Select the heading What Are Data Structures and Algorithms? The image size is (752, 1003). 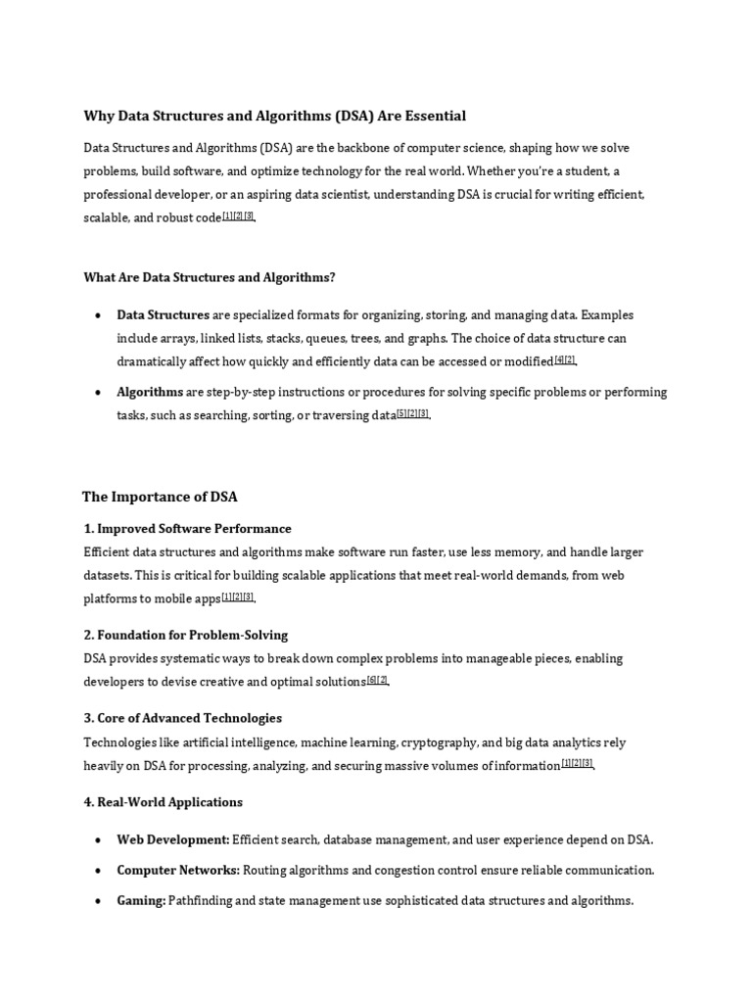pyautogui.click(x=210, y=277)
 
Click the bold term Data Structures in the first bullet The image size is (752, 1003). pyautogui.click(x=163, y=315)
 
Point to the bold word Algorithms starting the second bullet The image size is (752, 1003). pyautogui.click(x=150, y=392)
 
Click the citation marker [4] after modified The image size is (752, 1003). pyautogui.click(x=559, y=359)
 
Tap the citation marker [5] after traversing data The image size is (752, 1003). pyautogui.click(x=401, y=413)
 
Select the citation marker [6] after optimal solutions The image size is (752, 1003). pyautogui.click(x=371, y=680)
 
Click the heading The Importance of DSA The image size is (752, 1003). pyautogui.click(x=160, y=497)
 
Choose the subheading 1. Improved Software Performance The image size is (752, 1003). pyautogui.click(x=188, y=529)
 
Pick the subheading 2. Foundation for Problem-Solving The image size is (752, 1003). pyautogui.click(x=186, y=635)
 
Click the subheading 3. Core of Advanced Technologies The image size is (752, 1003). pyautogui.click(x=183, y=718)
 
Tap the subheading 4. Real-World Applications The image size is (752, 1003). pyautogui.click(x=164, y=802)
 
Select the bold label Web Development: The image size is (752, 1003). pyautogui.click(x=173, y=839)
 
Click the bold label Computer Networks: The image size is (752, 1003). pyautogui.click(x=178, y=870)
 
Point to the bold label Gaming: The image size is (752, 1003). pyautogui.click(x=141, y=900)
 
